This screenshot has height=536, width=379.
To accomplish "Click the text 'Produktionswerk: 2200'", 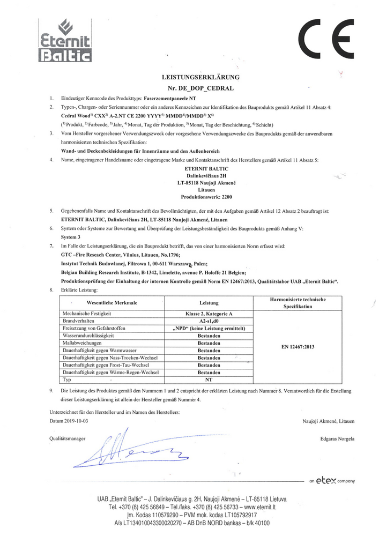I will click(x=202, y=197).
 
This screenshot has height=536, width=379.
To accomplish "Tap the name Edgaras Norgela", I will click(x=333, y=439).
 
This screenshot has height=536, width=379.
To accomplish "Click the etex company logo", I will click(x=332, y=480).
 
